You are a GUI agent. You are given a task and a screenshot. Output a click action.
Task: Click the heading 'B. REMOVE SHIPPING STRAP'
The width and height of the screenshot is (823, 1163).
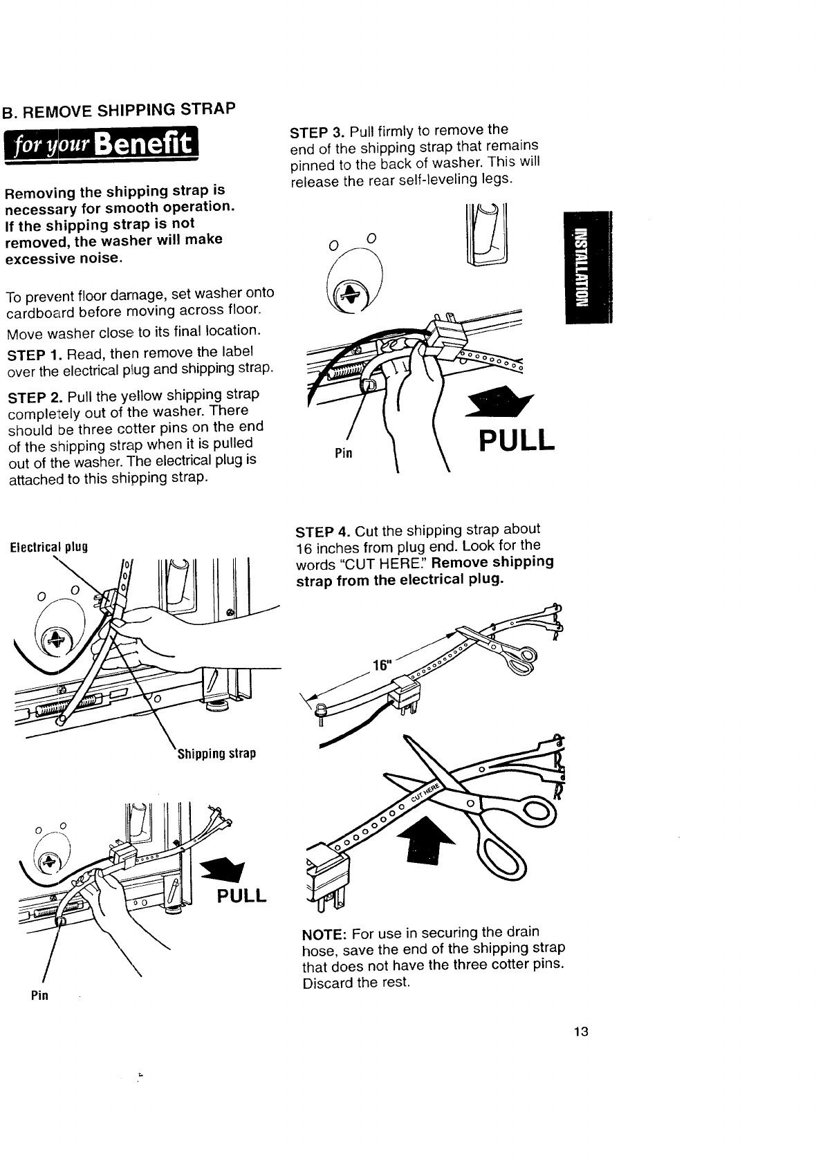tap(118, 110)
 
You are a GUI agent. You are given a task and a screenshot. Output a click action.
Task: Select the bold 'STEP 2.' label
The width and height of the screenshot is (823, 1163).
tap(35, 397)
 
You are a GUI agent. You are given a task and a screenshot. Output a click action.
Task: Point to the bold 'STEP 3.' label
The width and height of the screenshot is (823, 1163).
tap(317, 132)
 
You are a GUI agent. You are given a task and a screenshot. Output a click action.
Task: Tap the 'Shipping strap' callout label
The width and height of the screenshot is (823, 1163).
tap(216, 753)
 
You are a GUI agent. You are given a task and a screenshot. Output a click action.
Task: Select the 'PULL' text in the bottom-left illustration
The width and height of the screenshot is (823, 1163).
tap(241, 896)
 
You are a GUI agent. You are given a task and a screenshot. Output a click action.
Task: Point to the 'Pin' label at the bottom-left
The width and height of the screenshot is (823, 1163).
tap(39, 996)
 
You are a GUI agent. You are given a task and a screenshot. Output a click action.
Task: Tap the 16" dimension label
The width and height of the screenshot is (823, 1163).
tap(382, 665)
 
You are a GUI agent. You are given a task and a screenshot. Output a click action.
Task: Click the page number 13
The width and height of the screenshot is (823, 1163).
tap(580, 1032)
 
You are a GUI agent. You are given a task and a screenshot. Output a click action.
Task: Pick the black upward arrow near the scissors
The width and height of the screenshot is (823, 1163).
tap(430, 839)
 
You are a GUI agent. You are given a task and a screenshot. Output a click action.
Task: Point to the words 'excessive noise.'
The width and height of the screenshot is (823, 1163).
tap(64, 259)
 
